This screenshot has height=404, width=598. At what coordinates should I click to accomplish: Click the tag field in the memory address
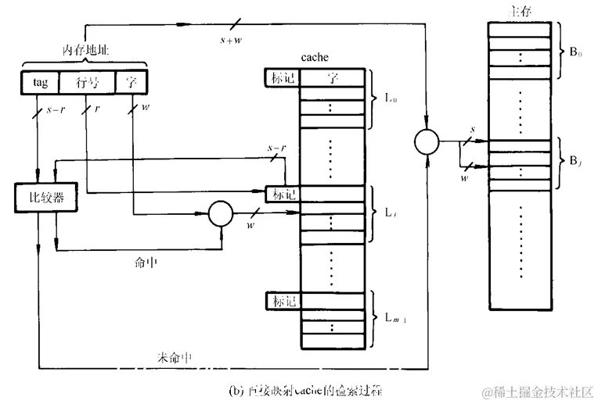click(41, 82)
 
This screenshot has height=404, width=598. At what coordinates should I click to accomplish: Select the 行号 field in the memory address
click(88, 82)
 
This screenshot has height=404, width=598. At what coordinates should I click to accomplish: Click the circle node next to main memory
click(426, 142)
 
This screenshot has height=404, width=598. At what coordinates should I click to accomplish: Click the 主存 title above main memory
click(517, 11)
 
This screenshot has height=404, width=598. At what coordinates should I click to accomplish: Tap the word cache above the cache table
click(315, 58)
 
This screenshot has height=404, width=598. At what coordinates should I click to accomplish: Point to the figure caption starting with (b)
click(304, 388)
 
